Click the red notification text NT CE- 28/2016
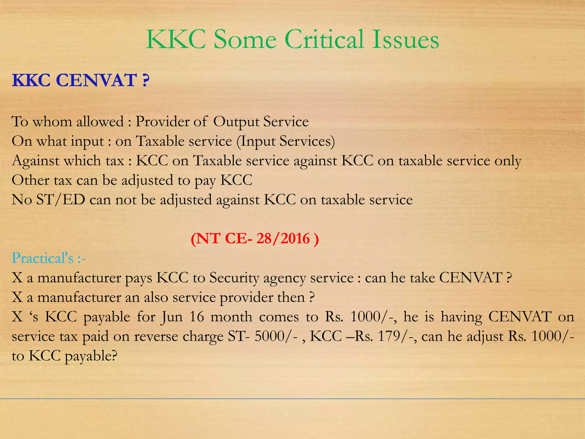point(255,238)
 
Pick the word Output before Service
point(236,122)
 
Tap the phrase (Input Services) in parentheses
point(286,141)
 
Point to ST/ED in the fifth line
point(61,199)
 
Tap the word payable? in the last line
point(91,356)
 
